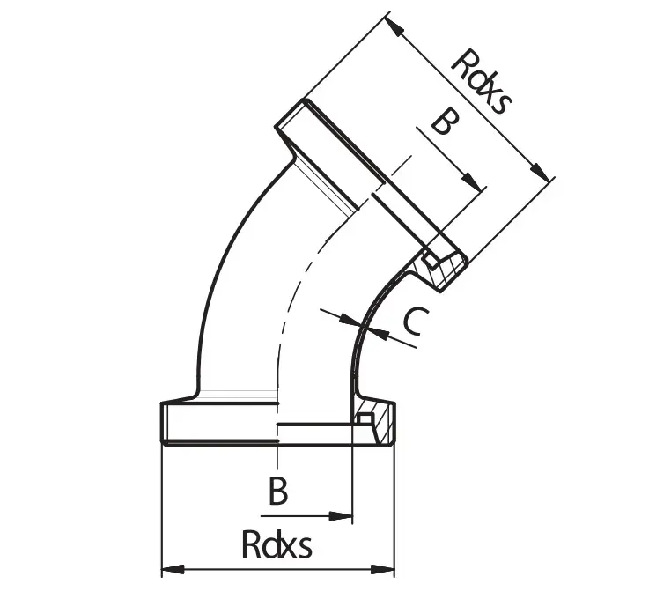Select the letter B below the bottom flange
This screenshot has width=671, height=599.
click(x=278, y=492)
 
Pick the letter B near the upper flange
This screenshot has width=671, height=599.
click(x=445, y=124)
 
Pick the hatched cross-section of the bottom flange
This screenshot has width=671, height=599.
click(x=382, y=423)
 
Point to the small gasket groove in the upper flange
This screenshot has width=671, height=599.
click(x=429, y=260)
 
